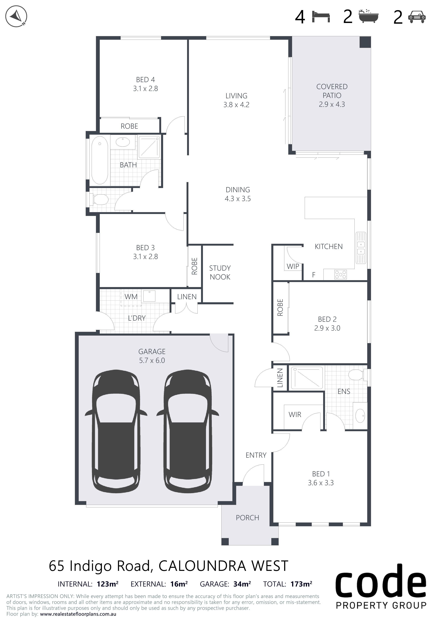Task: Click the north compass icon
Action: tap(16, 16)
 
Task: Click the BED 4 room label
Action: tap(145, 80)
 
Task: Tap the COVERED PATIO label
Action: tap(332, 91)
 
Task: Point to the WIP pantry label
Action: tap(293, 267)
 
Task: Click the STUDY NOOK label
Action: tap(220, 273)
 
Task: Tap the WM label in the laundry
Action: tap(131, 297)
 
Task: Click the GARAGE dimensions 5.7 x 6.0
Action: tap(152, 361)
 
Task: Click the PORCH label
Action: tap(247, 518)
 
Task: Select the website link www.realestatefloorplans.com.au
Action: tap(78, 614)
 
